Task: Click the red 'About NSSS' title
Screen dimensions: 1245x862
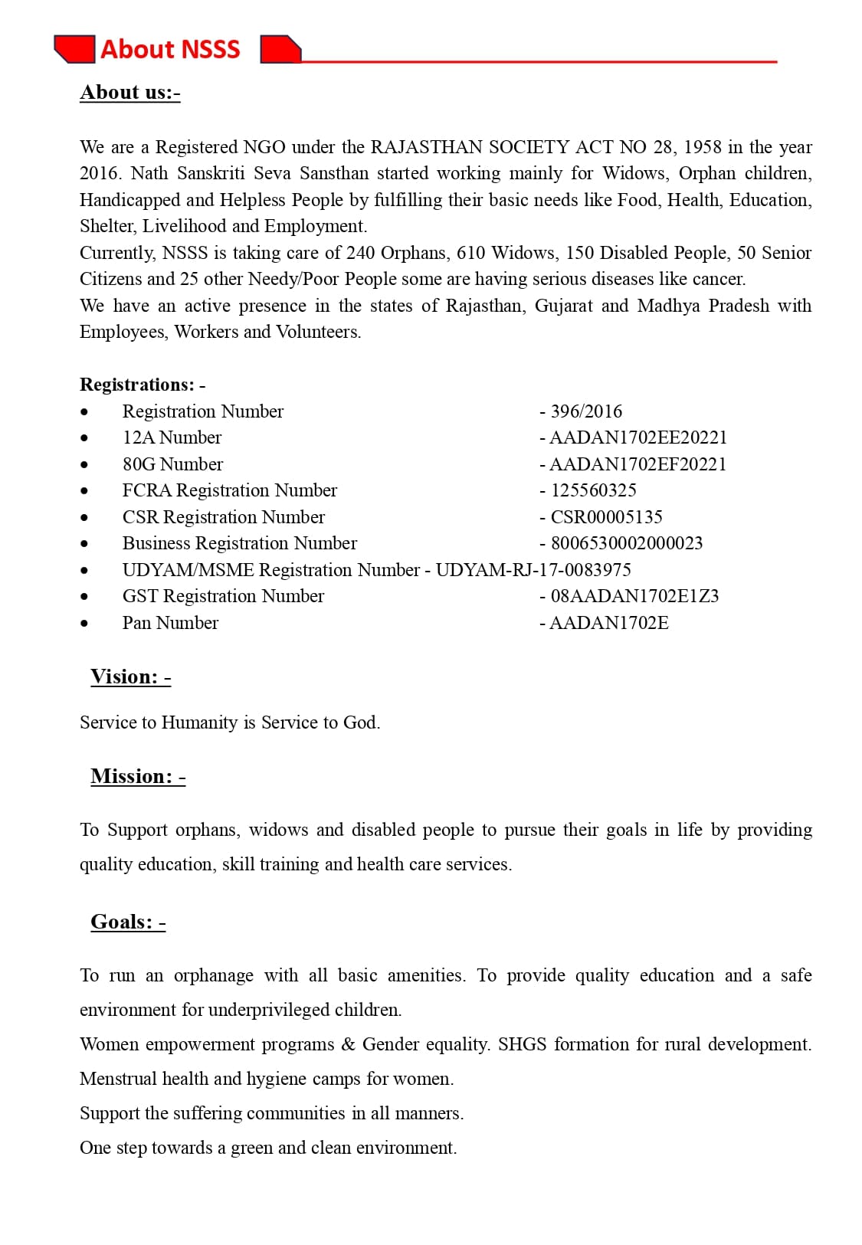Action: coord(170,49)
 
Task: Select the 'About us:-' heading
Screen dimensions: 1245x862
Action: coord(129,93)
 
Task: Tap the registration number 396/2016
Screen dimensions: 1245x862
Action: coord(586,411)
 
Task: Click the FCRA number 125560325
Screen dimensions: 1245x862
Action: coord(593,490)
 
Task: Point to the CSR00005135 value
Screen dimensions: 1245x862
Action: coord(606,517)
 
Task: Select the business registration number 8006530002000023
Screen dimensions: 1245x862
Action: coord(626,543)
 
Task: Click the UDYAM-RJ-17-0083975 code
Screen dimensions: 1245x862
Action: coord(533,570)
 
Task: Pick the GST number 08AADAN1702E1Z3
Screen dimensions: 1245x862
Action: coord(634,596)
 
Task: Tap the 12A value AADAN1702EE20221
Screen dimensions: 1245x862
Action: coord(637,437)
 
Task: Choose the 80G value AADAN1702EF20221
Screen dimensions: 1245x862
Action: coord(637,464)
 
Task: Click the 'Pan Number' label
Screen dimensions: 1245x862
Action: coord(170,623)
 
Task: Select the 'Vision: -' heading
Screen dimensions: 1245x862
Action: coord(130,677)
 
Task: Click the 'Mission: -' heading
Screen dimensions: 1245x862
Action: coord(138,776)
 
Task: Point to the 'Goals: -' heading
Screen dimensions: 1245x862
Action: coord(128,922)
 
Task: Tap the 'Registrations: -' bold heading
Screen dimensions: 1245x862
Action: coord(143,385)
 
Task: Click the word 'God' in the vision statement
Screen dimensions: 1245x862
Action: coord(360,722)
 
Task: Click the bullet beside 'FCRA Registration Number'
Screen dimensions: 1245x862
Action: coord(84,491)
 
